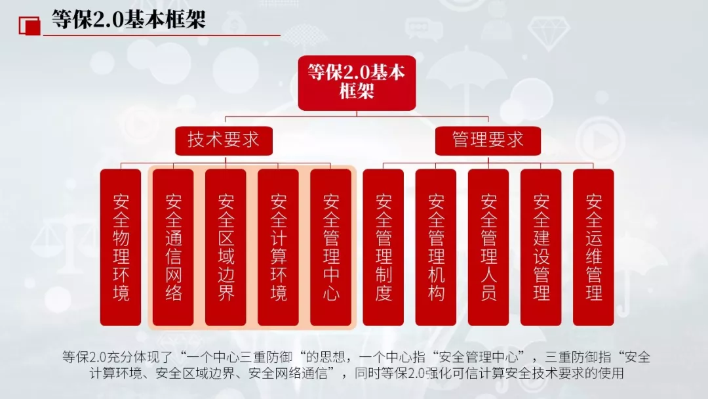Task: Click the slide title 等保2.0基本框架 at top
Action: click(x=128, y=19)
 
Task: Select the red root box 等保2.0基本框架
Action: click(x=357, y=82)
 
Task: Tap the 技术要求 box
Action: click(x=224, y=140)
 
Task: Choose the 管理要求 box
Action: click(x=488, y=140)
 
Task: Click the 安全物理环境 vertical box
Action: click(x=121, y=247)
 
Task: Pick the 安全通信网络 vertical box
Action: click(x=173, y=247)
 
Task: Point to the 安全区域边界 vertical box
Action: click(x=226, y=247)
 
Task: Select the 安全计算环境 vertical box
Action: click(x=278, y=247)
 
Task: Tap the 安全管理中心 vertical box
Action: click(x=331, y=247)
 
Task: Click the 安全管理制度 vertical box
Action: click(x=383, y=247)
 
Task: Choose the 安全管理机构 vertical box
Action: click(x=436, y=247)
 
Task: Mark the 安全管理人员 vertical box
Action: click(x=488, y=247)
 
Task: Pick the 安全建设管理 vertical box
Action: click(x=541, y=247)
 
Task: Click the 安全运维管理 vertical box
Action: click(x=593, y=247)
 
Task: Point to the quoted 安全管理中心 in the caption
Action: click(x=484, y=358)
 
